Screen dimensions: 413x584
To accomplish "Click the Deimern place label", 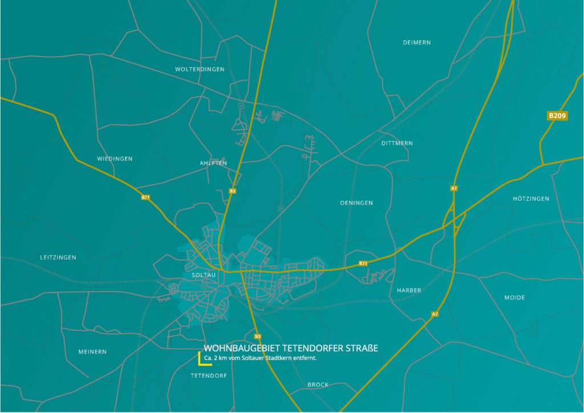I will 416,43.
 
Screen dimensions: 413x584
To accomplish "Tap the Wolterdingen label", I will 200,69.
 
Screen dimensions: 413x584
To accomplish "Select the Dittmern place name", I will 397,143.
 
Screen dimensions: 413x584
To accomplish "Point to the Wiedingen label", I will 115,159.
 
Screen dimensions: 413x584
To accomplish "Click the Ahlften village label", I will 213,163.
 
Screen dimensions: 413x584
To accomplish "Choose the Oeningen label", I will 356,203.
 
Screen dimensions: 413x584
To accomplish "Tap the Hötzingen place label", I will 531,199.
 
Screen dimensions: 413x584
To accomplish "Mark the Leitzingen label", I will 58,257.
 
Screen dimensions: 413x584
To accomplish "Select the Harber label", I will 409,290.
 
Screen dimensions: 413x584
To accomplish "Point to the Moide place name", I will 514,298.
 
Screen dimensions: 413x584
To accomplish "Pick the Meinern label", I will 92,352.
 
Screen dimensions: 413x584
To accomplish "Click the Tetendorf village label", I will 209,376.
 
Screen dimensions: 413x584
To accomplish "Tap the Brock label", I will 318,384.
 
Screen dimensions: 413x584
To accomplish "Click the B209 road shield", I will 557,116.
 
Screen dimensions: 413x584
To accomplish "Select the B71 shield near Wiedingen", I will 145,197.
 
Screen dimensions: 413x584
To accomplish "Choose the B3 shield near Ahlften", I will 232,191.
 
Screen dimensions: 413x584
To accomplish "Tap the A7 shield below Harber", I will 435,314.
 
